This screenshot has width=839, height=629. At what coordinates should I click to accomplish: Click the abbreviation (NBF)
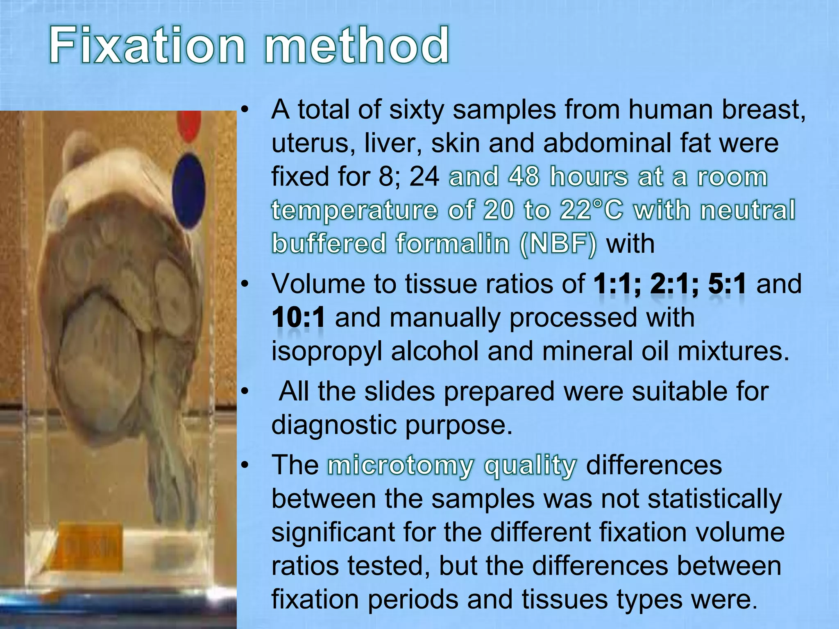coord(558,244)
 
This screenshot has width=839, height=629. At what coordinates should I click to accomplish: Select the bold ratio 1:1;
coord(617,284)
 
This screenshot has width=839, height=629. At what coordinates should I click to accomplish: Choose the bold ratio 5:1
coord(728,284)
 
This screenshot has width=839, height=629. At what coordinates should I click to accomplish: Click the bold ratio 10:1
coord(299,317)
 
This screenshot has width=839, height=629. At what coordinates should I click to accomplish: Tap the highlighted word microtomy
coord(400,466)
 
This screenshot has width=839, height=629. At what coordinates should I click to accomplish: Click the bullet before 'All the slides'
coord(245,391)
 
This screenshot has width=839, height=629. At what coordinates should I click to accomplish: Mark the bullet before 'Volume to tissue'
coord(245,284)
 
